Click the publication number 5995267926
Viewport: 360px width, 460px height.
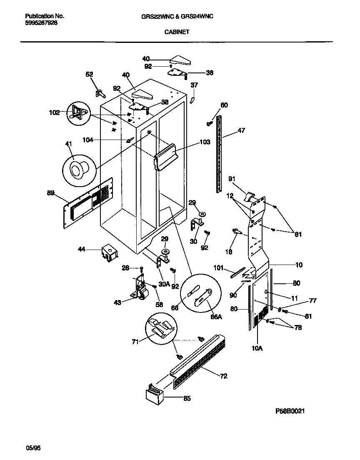point(41,23)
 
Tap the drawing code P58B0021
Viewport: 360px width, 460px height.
point(291,411)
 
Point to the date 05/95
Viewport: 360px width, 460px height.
point(33,448)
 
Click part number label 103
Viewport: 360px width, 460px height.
point(205,142)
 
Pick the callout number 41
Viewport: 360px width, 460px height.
point(69,144)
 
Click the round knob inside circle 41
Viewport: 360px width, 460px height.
point(77,170)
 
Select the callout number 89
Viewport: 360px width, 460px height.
point(51,193)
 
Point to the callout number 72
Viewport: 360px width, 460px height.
point(224,376)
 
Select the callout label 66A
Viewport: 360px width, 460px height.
point(216,317)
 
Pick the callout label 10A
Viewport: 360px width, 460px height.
point(257,348)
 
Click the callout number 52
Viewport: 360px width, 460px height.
point(89,74)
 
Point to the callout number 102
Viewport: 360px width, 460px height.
point(55,112)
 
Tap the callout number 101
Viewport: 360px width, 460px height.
point(219,267)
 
